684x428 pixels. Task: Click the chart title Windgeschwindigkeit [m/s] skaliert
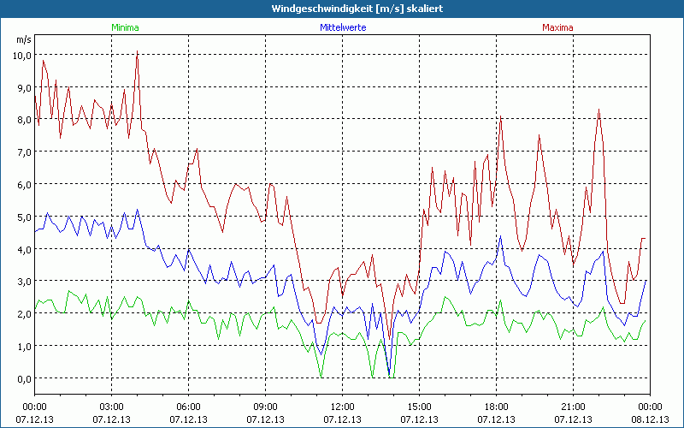click(x=342, y=8)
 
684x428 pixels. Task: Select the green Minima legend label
click(x=125, y=27)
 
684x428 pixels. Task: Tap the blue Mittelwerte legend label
click(x=342, y=27)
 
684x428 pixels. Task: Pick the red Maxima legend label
click(x=558, y=27)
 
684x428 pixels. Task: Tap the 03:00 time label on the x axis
click(x=112, y=406)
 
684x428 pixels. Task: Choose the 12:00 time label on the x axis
click(x=342, y=406)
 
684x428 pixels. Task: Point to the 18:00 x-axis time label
click(x=496, y=406)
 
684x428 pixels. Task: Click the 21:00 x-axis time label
click(x=573, y=406)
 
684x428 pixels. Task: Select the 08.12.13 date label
click(x=650, y=419)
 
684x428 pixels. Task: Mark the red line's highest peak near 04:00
click(x=137, y=51)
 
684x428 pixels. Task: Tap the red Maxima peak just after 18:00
click(x=501, y=117)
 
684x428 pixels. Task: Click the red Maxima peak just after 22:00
click(x=599, y=110)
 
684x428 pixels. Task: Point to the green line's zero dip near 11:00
click(x=321, y=376)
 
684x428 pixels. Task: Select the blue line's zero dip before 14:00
click(x=390, y=376)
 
